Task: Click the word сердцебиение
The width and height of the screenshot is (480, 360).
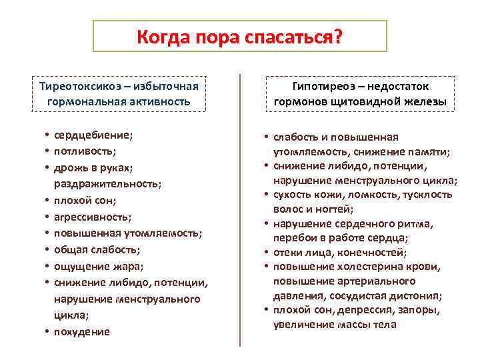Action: (x=93, y=135)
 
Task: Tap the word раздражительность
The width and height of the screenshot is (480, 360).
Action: (x=107, y=184)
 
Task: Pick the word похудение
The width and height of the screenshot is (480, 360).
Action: (x=81, y=331)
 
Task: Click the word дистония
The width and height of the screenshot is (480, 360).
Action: (x=420, y=295)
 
